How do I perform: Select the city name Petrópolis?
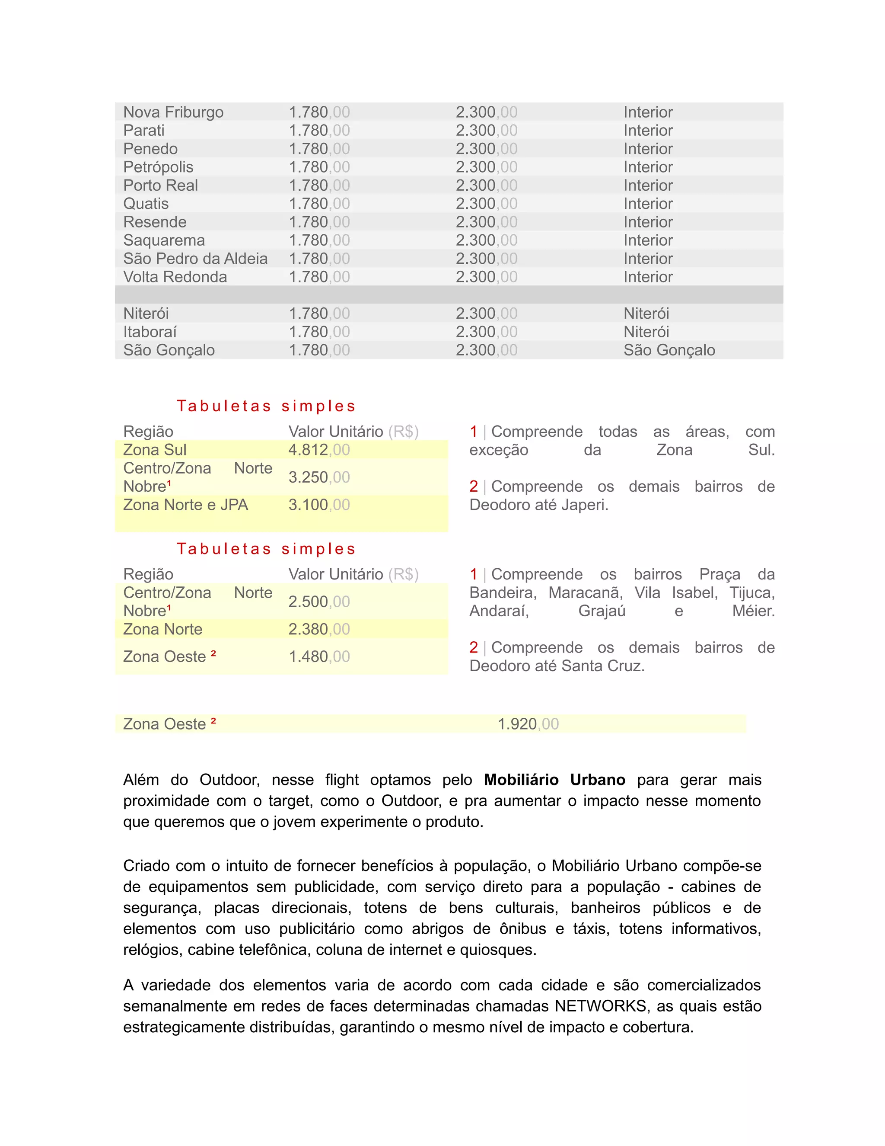click(x=158, y=167)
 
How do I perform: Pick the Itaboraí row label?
click(x=150, y=332)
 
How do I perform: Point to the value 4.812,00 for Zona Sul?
click(x=319, y=450)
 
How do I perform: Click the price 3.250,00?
click(x=319, y=477)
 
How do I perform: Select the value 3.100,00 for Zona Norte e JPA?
click(x=319, y=505)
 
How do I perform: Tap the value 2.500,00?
click(x=319, y=602)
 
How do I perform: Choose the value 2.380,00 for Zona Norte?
click(x=319, y=629)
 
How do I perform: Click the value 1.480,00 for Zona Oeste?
click(x=319, y=656)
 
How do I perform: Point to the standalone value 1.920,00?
click(x=528, y=724)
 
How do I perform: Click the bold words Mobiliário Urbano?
click(x=554, y=780)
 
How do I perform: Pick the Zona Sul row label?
click(x=155, y=450)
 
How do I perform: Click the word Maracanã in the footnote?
click(x=585, y=593)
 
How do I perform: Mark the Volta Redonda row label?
click(x=175, y=277)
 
